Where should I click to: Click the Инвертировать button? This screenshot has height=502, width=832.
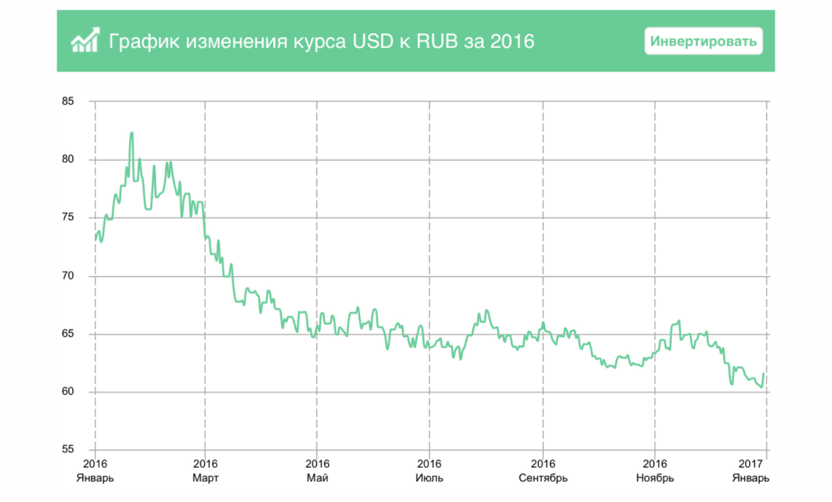(x=704, y=40)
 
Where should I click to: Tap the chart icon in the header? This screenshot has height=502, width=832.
(x=84, y=40)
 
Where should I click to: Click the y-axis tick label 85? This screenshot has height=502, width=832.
(x=67, y=102)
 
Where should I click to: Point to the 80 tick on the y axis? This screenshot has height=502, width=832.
(x=67, y=159)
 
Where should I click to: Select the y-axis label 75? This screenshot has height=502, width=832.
(x=67, y=218)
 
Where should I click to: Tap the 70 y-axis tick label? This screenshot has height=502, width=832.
(x=67, y=276)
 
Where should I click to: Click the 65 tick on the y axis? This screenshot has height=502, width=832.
(x=67, y=334)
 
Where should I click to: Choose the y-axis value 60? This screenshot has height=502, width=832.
(x=67, y=392)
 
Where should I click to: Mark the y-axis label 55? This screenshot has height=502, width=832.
(x=67, y=450)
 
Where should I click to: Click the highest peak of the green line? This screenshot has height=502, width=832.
(x=132, y=133)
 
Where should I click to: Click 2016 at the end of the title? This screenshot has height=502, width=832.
(x=513, y=40)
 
